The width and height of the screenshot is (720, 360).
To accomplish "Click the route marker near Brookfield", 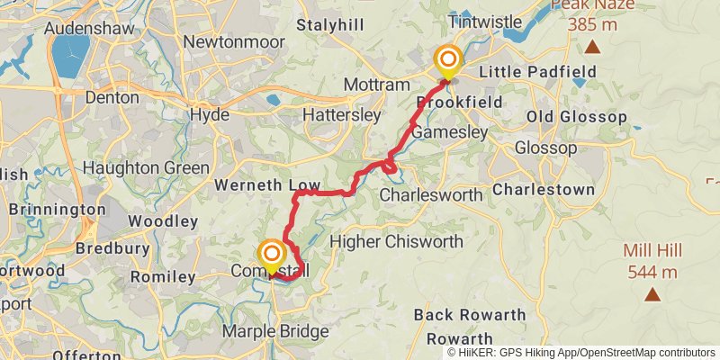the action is pyautogui.click(x=447, y=61).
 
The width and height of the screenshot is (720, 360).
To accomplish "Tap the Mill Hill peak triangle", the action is pyautogui.click(x=652, y=293).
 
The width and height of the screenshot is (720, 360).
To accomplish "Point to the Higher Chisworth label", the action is pyautogui.click(x=397, y=241).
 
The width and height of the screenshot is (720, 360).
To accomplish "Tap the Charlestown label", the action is pyautogui.click(x=544, y=190).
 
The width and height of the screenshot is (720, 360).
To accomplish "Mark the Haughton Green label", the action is pyautogui.click(x=146, y=167).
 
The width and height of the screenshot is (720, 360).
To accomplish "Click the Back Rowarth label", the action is pyautogui.click(x=470, y=315).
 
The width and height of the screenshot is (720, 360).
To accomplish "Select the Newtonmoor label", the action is pyautogui.click(x=229, y=41).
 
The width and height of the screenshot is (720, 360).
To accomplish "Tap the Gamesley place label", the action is pyautogui.click(x=449, y=132).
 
